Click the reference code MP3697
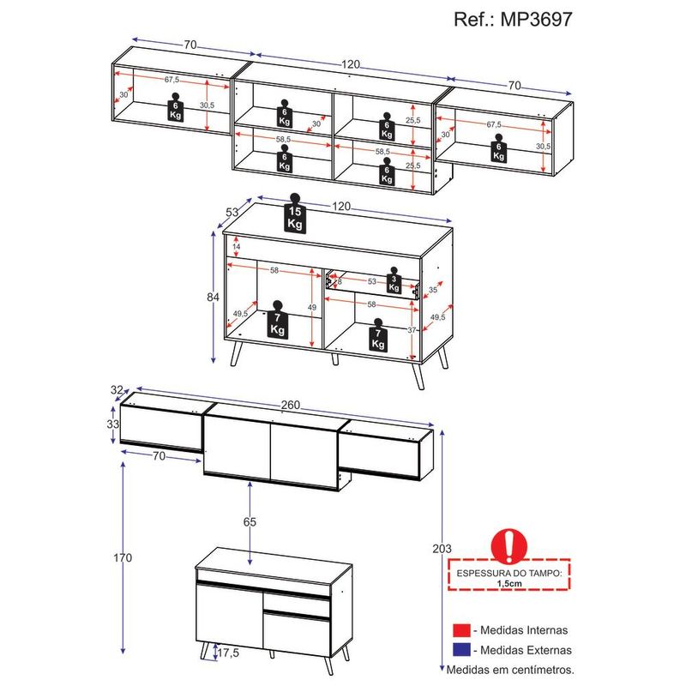(x=537, y=19)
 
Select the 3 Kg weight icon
(x=394, y=280)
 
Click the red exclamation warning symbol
(x=509, y=546)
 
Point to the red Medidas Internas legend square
(x=461, y=630)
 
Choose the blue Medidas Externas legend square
(x=461, y=650)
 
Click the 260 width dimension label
(x=291, y=405)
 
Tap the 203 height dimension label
(x=442, y=549)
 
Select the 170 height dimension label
(x=123, y=558)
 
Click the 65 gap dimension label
(x=250, y=522)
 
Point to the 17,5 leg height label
(x=228, y=653)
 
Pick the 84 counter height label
(x=213, y=297)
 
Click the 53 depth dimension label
(x=232, y=212)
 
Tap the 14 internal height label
(x=237, y=247)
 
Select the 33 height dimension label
(x=113, y=424)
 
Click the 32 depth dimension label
(x=117, y=390)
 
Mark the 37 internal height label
(x=412, y=330)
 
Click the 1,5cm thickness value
(x=509, y=583)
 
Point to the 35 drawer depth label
(x=433, y=290)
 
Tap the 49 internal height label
(x=311, y=308)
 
